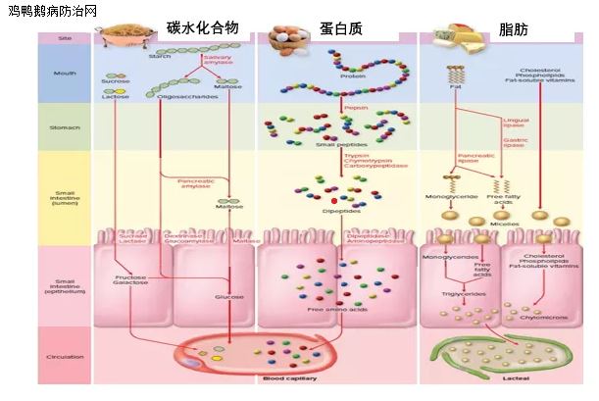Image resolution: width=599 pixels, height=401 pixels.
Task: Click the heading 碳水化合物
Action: (202, 27)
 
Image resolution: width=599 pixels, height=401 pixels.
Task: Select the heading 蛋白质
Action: (340, 29)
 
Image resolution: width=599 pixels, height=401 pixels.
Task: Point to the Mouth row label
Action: (64, 71)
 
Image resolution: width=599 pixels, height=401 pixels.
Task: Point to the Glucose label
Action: (227, 296)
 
